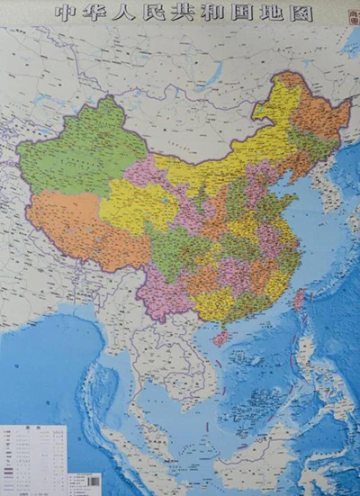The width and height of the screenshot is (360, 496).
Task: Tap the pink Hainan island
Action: [x=220, y=338]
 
